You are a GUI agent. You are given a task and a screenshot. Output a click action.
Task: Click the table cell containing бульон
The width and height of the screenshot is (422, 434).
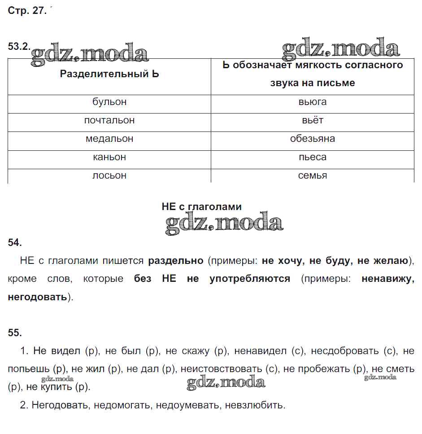[x=109, y=102]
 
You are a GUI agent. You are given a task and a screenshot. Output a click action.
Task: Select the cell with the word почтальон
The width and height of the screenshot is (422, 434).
[x=109, y=121]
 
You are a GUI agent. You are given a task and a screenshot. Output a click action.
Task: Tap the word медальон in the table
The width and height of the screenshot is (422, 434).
[x=109, y=139]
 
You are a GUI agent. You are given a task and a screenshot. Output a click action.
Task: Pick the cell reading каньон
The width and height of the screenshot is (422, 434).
[x=109, y=158]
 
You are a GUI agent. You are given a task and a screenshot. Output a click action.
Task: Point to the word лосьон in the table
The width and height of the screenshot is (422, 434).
[x=109, y=176]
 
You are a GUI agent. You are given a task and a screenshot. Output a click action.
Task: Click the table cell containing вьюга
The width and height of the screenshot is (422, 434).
[x=313, y=102]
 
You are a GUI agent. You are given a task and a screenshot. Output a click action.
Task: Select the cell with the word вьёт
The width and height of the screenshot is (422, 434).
[x=313, y=121]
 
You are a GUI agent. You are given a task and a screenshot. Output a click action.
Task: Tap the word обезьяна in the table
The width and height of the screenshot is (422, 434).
[x=313, y=139]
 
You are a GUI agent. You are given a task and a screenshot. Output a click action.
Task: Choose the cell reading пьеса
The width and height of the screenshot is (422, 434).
[x=313, y=158]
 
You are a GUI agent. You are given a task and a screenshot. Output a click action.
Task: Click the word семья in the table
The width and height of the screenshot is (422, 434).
[x=313, y=176]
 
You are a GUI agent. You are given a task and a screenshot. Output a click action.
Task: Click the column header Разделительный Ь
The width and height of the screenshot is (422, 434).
[x=109, y=74]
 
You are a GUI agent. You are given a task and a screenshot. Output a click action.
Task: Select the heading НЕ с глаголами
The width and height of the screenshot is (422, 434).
[x=201, y=207]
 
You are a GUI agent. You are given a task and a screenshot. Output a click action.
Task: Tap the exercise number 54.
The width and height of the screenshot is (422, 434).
[x=15, y=243]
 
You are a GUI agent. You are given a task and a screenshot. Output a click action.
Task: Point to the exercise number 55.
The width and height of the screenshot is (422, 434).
[x=15, y=333]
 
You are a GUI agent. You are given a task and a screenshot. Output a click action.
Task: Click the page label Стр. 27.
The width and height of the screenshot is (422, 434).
[x=27, y=11]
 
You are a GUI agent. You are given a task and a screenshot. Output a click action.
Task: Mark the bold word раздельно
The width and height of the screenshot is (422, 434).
[x=175, y=261]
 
